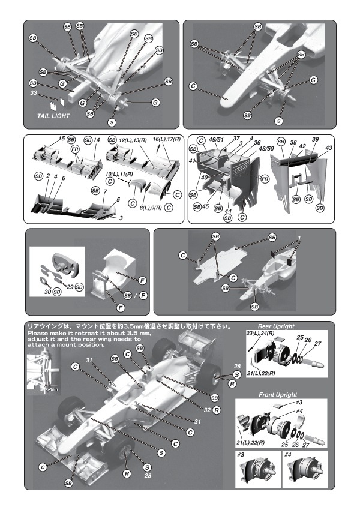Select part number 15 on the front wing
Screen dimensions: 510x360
click(62, 139)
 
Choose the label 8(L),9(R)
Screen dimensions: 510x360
click(150, 207)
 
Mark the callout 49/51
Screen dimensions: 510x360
click(216, 139)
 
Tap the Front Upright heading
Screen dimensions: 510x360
click(278, 395)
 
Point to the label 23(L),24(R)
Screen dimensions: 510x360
click(259, 333)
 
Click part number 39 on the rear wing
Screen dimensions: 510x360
click(315, 139)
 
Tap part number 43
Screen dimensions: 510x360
click(328, 148)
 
